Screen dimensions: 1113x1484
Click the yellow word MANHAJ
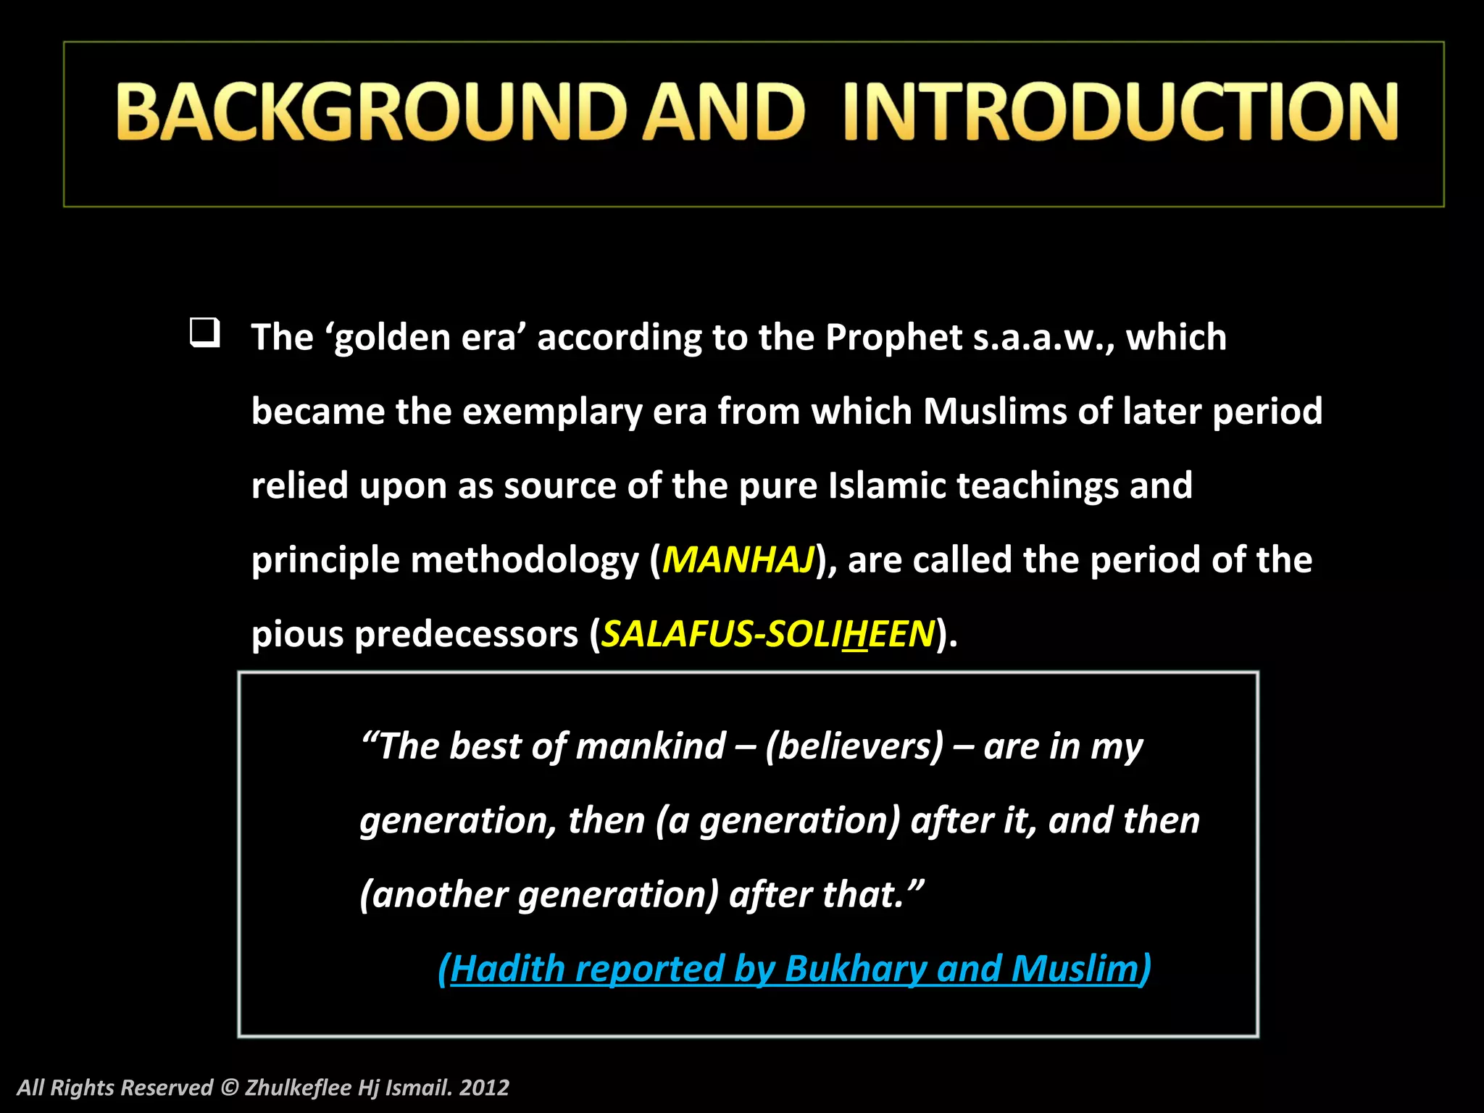(738, 560)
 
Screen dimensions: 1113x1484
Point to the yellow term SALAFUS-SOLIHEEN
(768, 634)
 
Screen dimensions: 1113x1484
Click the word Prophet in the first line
(893, 338)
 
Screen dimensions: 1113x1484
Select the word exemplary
(551, 412)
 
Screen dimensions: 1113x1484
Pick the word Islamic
(886, 485)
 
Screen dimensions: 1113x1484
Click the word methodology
(525, 560)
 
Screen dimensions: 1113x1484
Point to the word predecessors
(466, 635)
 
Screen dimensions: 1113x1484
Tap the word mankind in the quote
(651, 746)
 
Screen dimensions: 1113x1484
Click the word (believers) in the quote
(855, 746)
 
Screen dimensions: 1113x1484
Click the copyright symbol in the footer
(229, 1088)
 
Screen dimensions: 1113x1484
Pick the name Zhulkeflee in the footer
(298, 1088)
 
